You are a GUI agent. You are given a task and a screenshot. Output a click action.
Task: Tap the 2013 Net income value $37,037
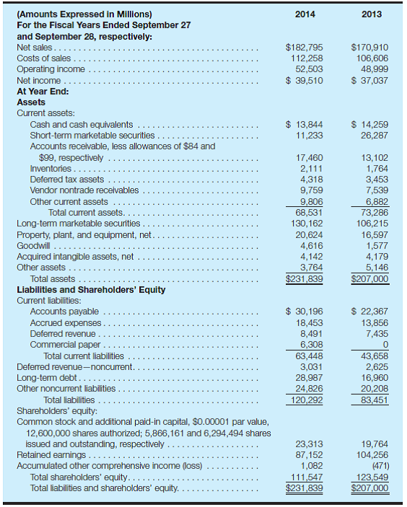(369, 80)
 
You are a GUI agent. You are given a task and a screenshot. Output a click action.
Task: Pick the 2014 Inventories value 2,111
(310, 168)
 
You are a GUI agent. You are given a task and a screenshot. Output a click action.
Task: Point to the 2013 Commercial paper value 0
(385, 345)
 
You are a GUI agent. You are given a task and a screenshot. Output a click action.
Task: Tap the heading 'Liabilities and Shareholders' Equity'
(91, 290)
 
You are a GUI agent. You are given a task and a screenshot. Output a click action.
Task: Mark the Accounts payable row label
(64, 312)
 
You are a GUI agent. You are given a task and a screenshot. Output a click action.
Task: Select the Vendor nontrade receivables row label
(84, 190)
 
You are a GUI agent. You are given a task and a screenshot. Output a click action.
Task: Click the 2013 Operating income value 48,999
(374, 69)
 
